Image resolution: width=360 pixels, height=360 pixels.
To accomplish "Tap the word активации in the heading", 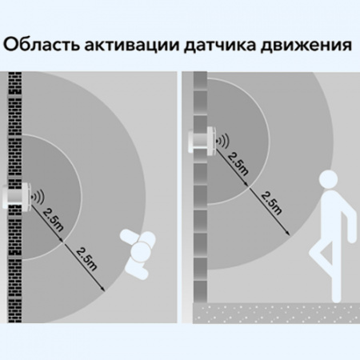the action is coord(132,46).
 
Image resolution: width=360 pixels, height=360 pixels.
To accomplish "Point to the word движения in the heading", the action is coord(306,46).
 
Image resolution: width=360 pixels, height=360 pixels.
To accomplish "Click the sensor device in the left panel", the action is coord(17,196).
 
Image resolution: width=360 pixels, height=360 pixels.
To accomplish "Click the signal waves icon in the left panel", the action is coord(38,197).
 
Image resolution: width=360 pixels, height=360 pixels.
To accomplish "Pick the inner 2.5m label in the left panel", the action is coord(53,219).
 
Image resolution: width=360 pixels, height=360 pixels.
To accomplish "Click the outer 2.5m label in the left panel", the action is coord(86,259).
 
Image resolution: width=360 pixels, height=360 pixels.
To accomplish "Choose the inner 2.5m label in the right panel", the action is coord(238,164).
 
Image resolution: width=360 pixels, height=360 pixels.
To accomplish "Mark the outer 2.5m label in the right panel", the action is coord(271,203).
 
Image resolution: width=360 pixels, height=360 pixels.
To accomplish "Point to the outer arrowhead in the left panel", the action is coord(103,289).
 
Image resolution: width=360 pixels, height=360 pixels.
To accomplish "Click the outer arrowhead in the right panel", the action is coord(287,233).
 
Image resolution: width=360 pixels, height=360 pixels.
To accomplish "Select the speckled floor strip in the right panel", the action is coord(276,313).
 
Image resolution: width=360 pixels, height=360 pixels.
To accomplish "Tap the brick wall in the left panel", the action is coord(15,198).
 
